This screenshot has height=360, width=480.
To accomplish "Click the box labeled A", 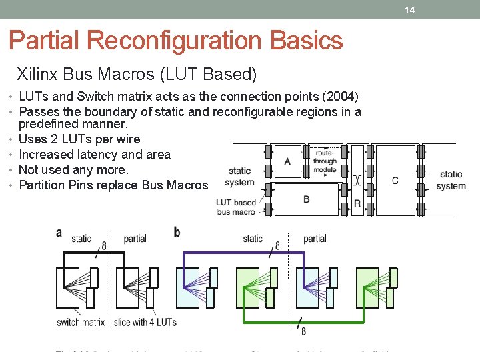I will pyautogui.click(x=287, y=161).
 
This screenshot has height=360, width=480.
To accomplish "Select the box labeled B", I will pyautogui.click(x=306, y=199).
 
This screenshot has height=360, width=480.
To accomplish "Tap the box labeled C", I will pyautogui.click(x=395, y=180).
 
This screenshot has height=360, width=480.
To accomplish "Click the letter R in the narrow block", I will pyautogui.click(x=357, y=203).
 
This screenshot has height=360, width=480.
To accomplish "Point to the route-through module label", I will pyautogui.click(x=325, y=161).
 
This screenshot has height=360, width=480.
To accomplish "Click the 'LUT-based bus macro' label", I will pyautogui.click(x=236, y=207).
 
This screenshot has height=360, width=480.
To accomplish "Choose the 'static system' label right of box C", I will pyautogui.click(x=451, y=180).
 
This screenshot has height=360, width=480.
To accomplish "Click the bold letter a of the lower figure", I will pyautogui.click(x=59, y=232).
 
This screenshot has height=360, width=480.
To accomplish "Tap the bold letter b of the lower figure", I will pyautogui.click(x=177, y=232).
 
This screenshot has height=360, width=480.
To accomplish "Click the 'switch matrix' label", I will pyautogui.click(x=81, y=322).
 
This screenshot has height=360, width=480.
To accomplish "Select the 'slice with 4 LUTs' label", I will pyautogui.click(x=145, y=322).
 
